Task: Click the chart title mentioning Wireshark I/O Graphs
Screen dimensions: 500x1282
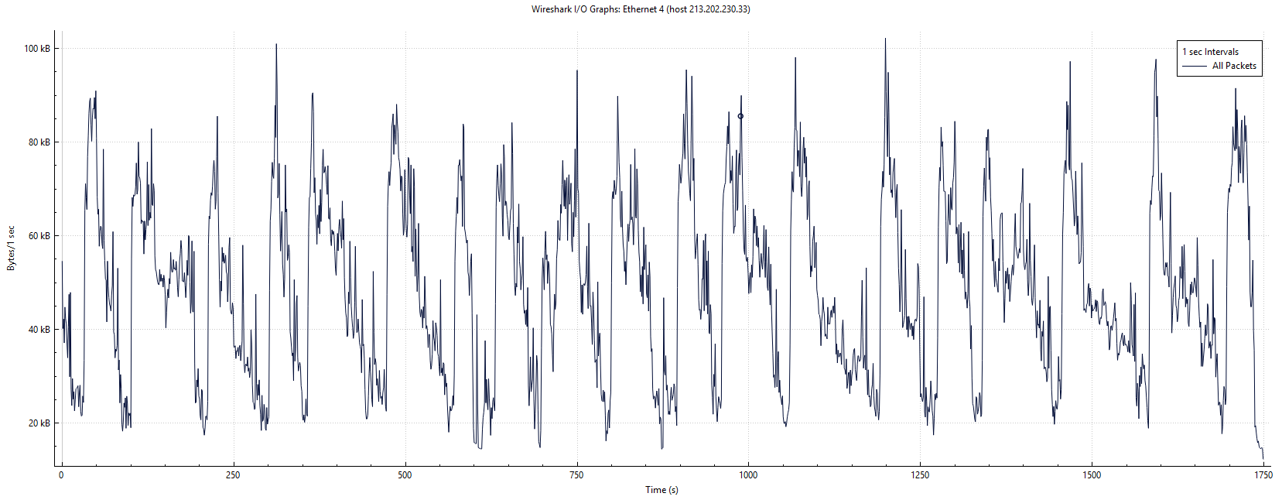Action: [x=640, y=9]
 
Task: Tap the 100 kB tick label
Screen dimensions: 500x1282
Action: [x=37, y=49]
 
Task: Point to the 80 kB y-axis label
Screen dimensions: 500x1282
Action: [x=39, y=142]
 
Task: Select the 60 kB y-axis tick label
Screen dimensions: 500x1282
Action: [x=39, y=236]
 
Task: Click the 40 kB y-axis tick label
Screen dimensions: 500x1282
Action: [x=39, y=330]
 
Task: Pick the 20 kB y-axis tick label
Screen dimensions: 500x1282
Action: [x=39, y=423]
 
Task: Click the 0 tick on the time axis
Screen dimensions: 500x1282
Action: [x=61, y=475]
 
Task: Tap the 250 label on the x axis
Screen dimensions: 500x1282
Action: [x=233, y=475]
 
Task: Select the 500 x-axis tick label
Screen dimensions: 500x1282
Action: [x=405, y=475]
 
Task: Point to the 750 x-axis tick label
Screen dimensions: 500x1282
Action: [x=576, y=475]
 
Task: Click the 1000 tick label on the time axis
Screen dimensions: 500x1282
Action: [x=748, y=475]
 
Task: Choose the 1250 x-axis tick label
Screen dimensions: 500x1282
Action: [x=920, y=475]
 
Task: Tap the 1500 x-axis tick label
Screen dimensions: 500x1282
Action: [x=1092, y=475]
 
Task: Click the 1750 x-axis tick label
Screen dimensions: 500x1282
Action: [x=1263, y=475]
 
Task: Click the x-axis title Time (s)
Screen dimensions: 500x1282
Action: [x=662, y=490]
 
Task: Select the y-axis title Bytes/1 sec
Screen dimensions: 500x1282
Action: [x=11, y=248]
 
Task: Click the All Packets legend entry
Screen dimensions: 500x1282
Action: [x=1234, y=66]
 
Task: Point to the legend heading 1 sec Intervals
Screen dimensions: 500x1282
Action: [x=1210, y=52]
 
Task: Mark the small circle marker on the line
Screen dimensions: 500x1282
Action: [x=740, y=117]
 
